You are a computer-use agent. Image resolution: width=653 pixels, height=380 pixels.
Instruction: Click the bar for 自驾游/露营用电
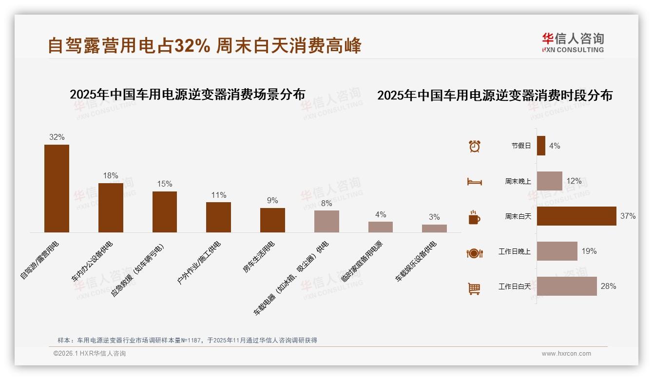click(57, 189)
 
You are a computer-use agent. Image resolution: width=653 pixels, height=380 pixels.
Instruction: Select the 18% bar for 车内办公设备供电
click(111, 208)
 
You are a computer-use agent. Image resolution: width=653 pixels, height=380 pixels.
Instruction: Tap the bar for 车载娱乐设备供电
click(434, 228)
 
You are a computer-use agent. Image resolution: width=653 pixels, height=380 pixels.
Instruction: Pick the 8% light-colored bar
click(326, 221)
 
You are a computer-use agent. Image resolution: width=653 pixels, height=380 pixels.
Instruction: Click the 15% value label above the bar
click(164, 184)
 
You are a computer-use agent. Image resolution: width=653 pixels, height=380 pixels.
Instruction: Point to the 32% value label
click(57, 137)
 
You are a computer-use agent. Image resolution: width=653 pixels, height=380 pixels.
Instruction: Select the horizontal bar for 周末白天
click(576, 216)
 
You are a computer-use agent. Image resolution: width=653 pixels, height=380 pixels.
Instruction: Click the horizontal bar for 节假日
click(541, 146)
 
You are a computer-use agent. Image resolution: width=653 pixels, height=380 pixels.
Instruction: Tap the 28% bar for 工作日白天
click(567, 286)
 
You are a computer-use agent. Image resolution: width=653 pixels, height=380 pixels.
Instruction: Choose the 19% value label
click(589, 251)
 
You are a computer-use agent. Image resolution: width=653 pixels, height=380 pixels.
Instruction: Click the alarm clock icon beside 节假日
click(474, 146)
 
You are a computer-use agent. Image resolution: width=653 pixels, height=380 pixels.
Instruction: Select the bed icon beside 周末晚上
click(474, 182)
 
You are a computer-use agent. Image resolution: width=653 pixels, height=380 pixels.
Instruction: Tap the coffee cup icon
click(474, 217)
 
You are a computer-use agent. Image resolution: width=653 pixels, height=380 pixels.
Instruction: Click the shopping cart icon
click(474, 288)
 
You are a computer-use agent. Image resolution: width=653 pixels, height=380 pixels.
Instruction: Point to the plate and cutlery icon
click(474, 253)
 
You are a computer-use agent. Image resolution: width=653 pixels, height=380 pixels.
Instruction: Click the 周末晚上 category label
click(518, 181)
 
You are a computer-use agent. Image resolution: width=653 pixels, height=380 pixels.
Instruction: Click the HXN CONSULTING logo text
click(573, 50)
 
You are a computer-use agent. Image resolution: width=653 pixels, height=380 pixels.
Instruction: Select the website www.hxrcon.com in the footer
click(566, 354)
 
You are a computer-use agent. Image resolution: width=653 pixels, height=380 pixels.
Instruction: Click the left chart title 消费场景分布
click(187, 94)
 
